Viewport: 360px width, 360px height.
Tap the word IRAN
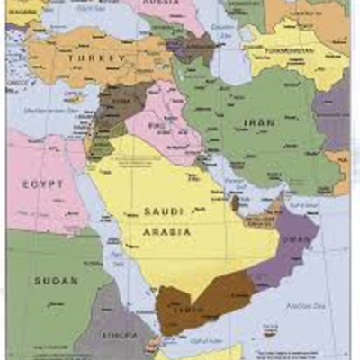pos(259,122)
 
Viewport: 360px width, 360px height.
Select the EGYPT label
pos(43,184)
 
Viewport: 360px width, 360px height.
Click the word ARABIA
pos(167,231)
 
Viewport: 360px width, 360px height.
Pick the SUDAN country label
pos(56,280)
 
